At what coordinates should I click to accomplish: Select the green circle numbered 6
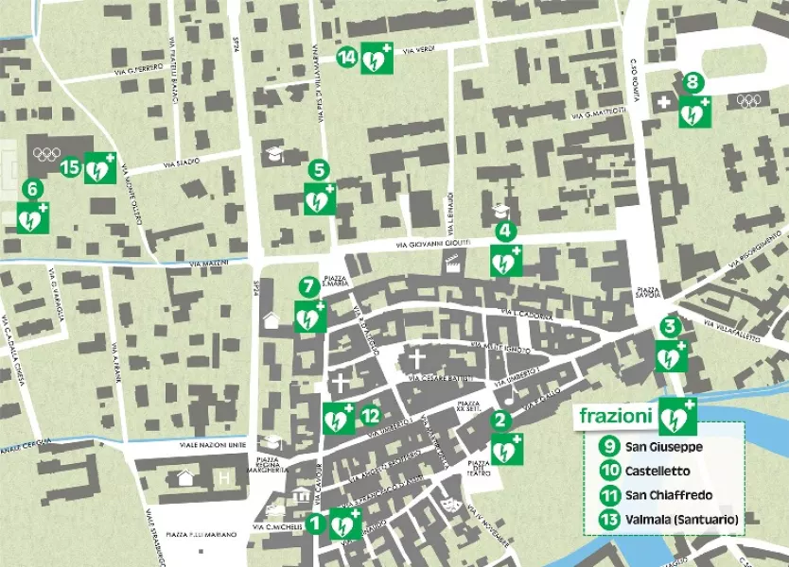(x=32, y=189)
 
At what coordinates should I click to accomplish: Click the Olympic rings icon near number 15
(x=45, y=154)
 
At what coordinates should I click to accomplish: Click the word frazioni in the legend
(x=615, y=415)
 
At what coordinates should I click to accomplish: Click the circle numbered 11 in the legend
(x=609, y=494)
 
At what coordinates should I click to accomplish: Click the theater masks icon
(x=450, y=507)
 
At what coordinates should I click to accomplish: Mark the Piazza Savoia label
(x=648, y=292)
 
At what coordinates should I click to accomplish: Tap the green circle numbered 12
(x=371, y=414)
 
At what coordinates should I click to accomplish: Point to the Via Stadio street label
(x=181, y=163)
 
